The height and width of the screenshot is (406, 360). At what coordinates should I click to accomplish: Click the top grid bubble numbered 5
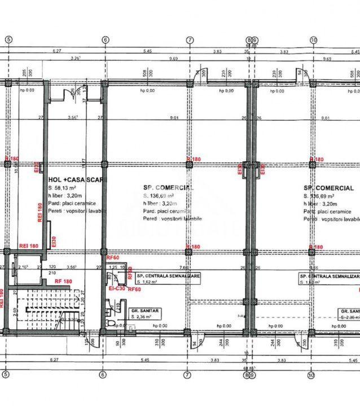coord(8,39)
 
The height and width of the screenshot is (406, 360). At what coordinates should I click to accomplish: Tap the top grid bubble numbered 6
coord(105,39)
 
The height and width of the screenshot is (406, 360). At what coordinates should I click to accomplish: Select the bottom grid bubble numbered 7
coord(189,374)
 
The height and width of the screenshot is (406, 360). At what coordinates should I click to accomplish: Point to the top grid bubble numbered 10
coord(313,39)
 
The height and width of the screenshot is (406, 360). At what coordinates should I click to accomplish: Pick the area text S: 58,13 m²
coord(64,187)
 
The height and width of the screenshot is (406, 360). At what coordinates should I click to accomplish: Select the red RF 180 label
coord(63,281)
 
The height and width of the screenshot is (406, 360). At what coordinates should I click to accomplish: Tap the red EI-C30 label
coord(116,289)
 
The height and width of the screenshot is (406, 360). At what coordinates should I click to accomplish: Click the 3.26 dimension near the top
coord(75,58)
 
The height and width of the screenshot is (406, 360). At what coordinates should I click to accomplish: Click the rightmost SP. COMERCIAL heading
coord(328,188)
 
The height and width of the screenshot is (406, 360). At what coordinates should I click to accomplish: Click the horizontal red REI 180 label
coord(28,245)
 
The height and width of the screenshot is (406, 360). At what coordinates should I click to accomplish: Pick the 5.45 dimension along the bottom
coord(147,360)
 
